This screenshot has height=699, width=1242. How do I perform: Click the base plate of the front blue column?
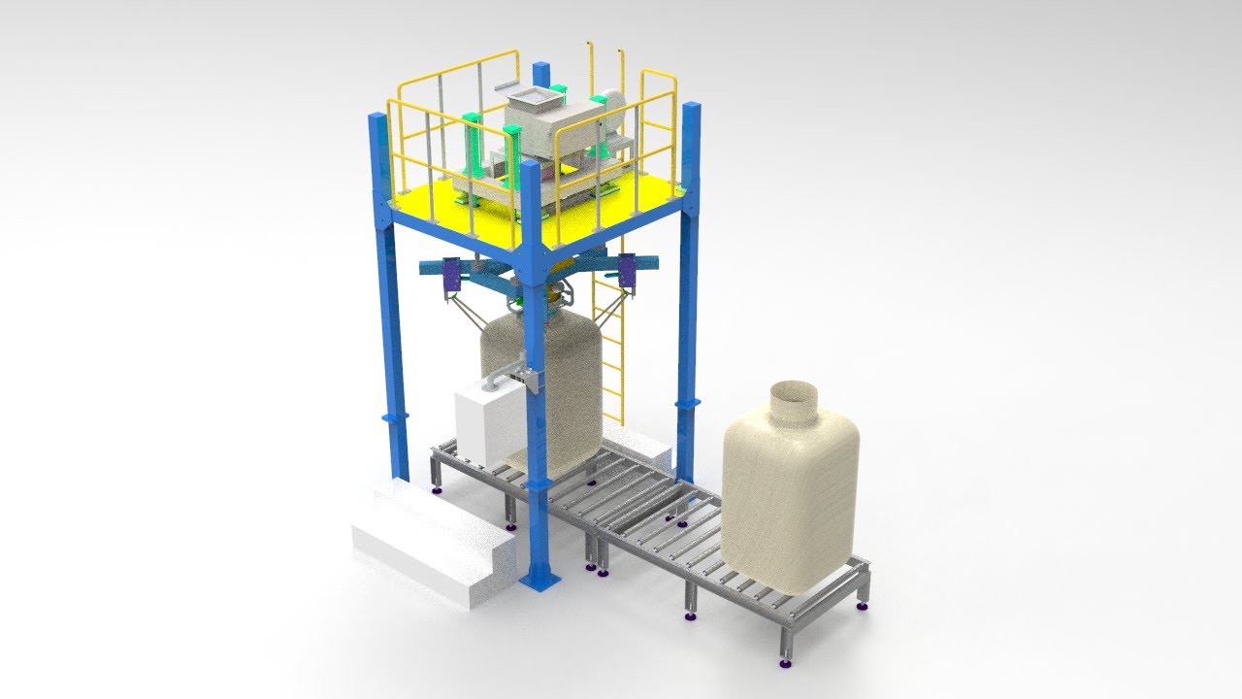539,580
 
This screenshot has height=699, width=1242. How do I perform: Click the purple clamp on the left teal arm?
451,274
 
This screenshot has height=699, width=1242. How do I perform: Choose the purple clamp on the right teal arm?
627,270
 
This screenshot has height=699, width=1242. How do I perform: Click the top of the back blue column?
540,71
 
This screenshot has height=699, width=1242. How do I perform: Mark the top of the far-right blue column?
691,109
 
